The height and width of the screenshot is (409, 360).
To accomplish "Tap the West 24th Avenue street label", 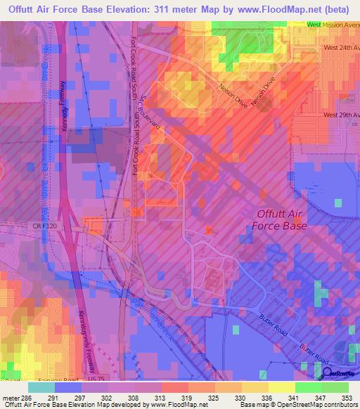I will [341, 48].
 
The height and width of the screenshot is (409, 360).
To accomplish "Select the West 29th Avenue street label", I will [341, 115].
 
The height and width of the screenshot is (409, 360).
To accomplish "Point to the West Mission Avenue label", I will [333, 25].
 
